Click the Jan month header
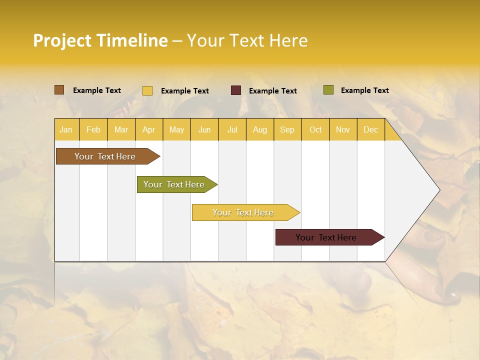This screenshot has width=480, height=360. (66, 129)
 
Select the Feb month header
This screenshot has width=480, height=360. (93, 129)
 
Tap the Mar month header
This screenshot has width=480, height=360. (121, 129)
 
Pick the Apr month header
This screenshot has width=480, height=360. (149, 129)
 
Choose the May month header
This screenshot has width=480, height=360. (176, 129)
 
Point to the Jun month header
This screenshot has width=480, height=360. (204, 129)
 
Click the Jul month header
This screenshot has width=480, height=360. (232, 129)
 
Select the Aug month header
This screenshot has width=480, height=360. (260, 129)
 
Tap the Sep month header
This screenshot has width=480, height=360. (287, 129)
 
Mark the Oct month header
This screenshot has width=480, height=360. (315, 129)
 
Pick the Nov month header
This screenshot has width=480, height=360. (343, 129)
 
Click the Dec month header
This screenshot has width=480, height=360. (371, 129)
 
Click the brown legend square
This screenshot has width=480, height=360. (59, 90)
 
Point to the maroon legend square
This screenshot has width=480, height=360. (236, 90)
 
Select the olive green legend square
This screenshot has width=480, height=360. (328, 90)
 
